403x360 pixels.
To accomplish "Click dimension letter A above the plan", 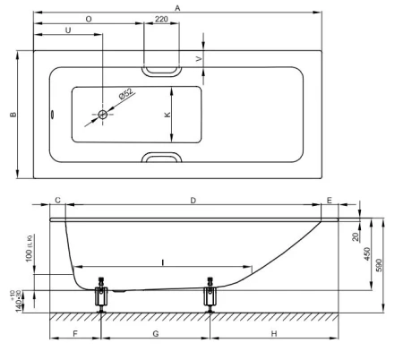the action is [177, 8].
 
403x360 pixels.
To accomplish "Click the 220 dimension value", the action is [161, 19].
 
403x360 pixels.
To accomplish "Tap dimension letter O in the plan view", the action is [89, 19].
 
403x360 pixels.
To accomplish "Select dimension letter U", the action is [68, 30].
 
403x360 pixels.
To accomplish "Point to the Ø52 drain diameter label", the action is [125, 94].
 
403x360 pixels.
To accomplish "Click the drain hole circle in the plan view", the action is [103, 115].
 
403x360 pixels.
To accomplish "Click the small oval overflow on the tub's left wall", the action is [52, 115].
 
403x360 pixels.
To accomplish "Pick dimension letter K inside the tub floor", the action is [167, 115].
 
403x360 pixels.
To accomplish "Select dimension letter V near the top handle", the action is [199, 59].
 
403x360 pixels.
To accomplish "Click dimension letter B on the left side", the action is [13, 115].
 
